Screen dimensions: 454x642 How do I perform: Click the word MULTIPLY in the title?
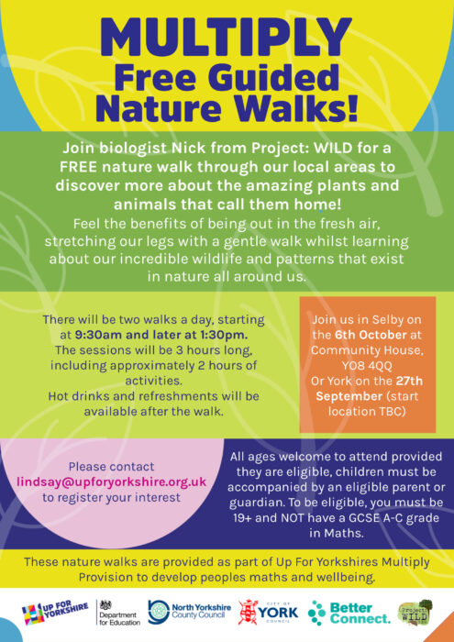click(x=226, y=39)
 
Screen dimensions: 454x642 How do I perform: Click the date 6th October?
click(x=371, y=335)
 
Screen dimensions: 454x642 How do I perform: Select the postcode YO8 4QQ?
click(x=367, y=365)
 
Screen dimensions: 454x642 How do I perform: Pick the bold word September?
click(x=349, y=396)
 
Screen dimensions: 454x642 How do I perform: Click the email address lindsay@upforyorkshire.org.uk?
click(x=111, y=481)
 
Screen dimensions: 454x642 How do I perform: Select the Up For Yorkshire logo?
click(x=55, y=612)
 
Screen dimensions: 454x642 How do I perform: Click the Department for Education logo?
click(x=119, y=613)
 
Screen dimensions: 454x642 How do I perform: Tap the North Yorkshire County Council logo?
click(x=190, y=612)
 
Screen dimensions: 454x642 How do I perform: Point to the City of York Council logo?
click(x=269, y=612)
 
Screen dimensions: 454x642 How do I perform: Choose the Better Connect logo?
click(x=349, y=613)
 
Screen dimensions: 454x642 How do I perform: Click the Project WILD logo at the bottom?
click(x=415, y=612)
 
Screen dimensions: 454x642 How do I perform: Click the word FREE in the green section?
click(x=77, y=167)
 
